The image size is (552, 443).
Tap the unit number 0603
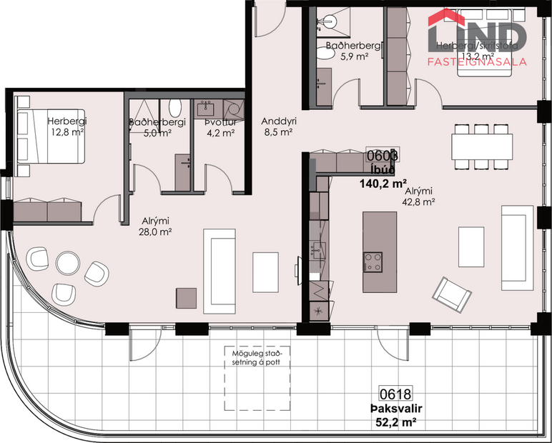[382, 155]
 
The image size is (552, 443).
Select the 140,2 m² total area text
[383, 183]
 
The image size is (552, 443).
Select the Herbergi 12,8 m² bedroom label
[67, 126]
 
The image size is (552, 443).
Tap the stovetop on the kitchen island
[373, 262]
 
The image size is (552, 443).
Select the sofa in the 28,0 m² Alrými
[219, 257]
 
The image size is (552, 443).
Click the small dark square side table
[187, 298]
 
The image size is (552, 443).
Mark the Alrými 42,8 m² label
[420, 196]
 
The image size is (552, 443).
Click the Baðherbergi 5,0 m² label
[157, 127]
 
